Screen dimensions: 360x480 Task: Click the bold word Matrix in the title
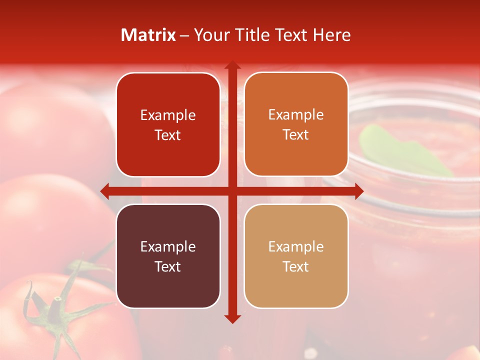coord(148,35)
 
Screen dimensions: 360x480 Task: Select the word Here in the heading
coord(332,35)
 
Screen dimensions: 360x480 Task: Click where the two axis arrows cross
coord(232,190)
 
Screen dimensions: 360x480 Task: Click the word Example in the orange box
coord(296,115)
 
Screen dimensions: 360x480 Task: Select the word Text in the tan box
coord(296,266)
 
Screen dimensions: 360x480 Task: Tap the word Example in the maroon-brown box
coord(168,246)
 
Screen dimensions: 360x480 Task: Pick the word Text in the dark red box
coord(168,135)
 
